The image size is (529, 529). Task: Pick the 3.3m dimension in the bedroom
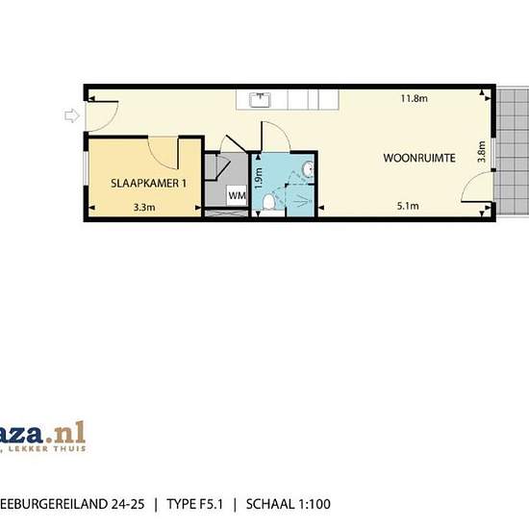tap(144, 206)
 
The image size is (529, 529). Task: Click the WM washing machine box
tap(237, 195)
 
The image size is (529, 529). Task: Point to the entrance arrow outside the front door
tap(71, 116)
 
